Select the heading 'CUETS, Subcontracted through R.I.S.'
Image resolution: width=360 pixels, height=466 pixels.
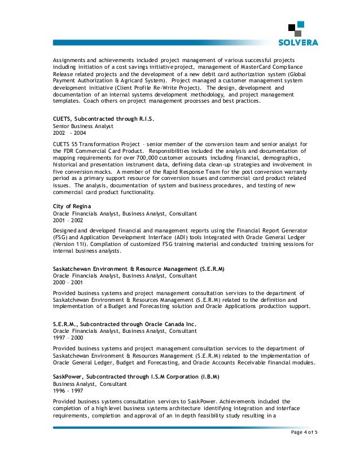click(x=103, y=120)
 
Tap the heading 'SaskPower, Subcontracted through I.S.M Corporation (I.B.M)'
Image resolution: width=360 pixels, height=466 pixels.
click(x=135, y=375)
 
